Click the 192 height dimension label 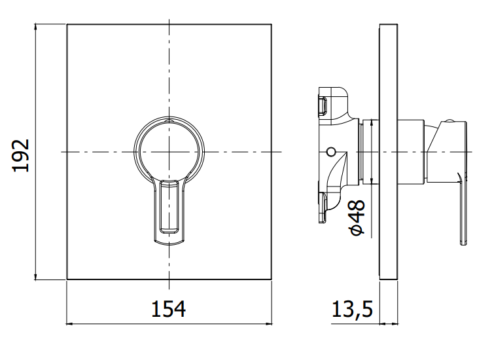(x=21, y=155)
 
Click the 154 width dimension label (x=169, y=309)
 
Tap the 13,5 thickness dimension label (x=352, y=309)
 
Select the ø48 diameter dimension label (x=357, y=217)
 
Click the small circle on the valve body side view (x=330, y=153)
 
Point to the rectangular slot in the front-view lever (x=169, y=206)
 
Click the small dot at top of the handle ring (x=169, y=120)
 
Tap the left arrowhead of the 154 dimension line (x=69, y=323)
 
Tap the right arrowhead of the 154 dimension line (x=268, y=323)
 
